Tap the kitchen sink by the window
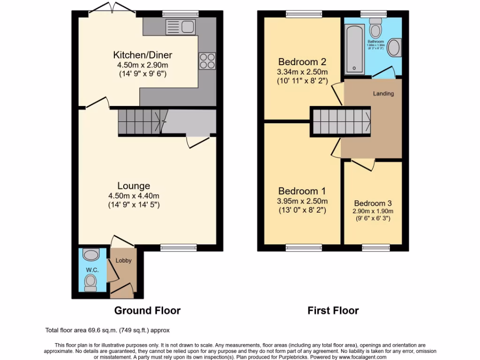tap(180, 27)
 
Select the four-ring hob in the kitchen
tap(208, 60)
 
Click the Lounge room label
tap(134, 186)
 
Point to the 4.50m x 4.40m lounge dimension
tap(134, 195)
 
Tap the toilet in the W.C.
tap(90, 282)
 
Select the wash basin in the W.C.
tap(90, 255)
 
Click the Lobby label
tap(124, 261)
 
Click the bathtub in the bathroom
tap(354, 49)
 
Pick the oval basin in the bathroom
tap(394, 48)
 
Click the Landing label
tap(383, 93)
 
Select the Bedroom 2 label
tap(302, 62)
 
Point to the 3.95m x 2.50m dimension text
tap(302, 201)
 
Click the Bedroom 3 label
tap(373, 203)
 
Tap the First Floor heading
tap(333, 310)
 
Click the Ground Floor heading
tap(147, 310)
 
